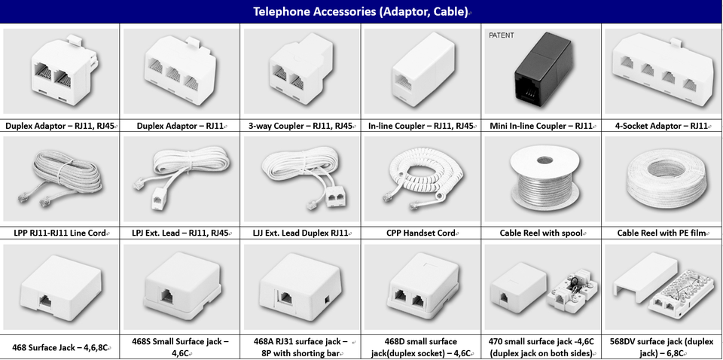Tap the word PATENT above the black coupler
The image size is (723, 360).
pyautogui.click(x=502, y=35)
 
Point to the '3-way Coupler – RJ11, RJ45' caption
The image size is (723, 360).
pyautogui.click(x=300, y=126)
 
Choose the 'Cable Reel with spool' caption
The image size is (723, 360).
pyautogui.click(x=541, y=233)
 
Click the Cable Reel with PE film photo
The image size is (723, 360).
pyautogui.click(x=664, y=181)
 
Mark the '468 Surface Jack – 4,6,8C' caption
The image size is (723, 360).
pyautogui.click(x=60, y=348)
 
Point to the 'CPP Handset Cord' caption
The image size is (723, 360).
pyautogui.click(x=421, y=233)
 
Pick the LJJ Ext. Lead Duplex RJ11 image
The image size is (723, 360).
pyautogui.click(x=300, y=181)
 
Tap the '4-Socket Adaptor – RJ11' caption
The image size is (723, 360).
pyautogui.click(x=662, y=126)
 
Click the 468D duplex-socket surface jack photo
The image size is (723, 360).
pyautogui.click(x=422, y=290)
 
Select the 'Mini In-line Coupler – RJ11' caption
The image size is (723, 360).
pyautogui.click(x=541, y=126)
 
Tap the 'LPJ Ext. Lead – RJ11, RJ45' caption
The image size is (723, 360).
pyautogui.click(x=180, y=233)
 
